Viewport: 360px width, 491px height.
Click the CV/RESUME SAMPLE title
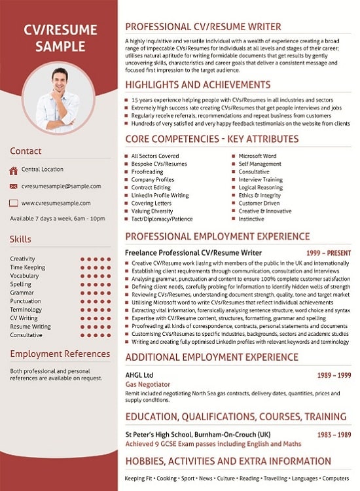pos(60,38)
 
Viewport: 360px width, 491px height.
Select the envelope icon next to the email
pos(14,187)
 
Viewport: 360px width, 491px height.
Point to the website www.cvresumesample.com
pos(56,203)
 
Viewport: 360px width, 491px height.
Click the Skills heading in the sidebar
pos(20,239)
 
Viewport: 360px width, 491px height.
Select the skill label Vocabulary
pos(24,276)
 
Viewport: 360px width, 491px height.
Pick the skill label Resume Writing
pos(30,326)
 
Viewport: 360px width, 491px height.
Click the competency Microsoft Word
pos(258,156)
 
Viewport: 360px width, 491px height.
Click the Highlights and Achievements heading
pos(197,84)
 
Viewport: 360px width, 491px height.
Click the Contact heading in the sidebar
pos(26,151)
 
